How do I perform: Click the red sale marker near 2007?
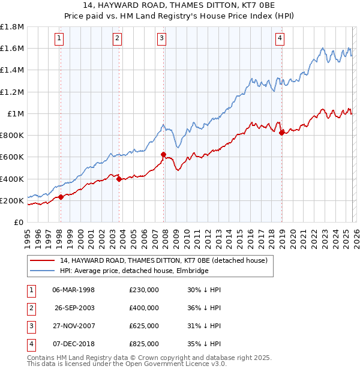click(x=163, y=155)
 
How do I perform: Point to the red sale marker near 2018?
click(x=281, y=133)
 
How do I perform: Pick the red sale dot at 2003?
click(x=119, y=179)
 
